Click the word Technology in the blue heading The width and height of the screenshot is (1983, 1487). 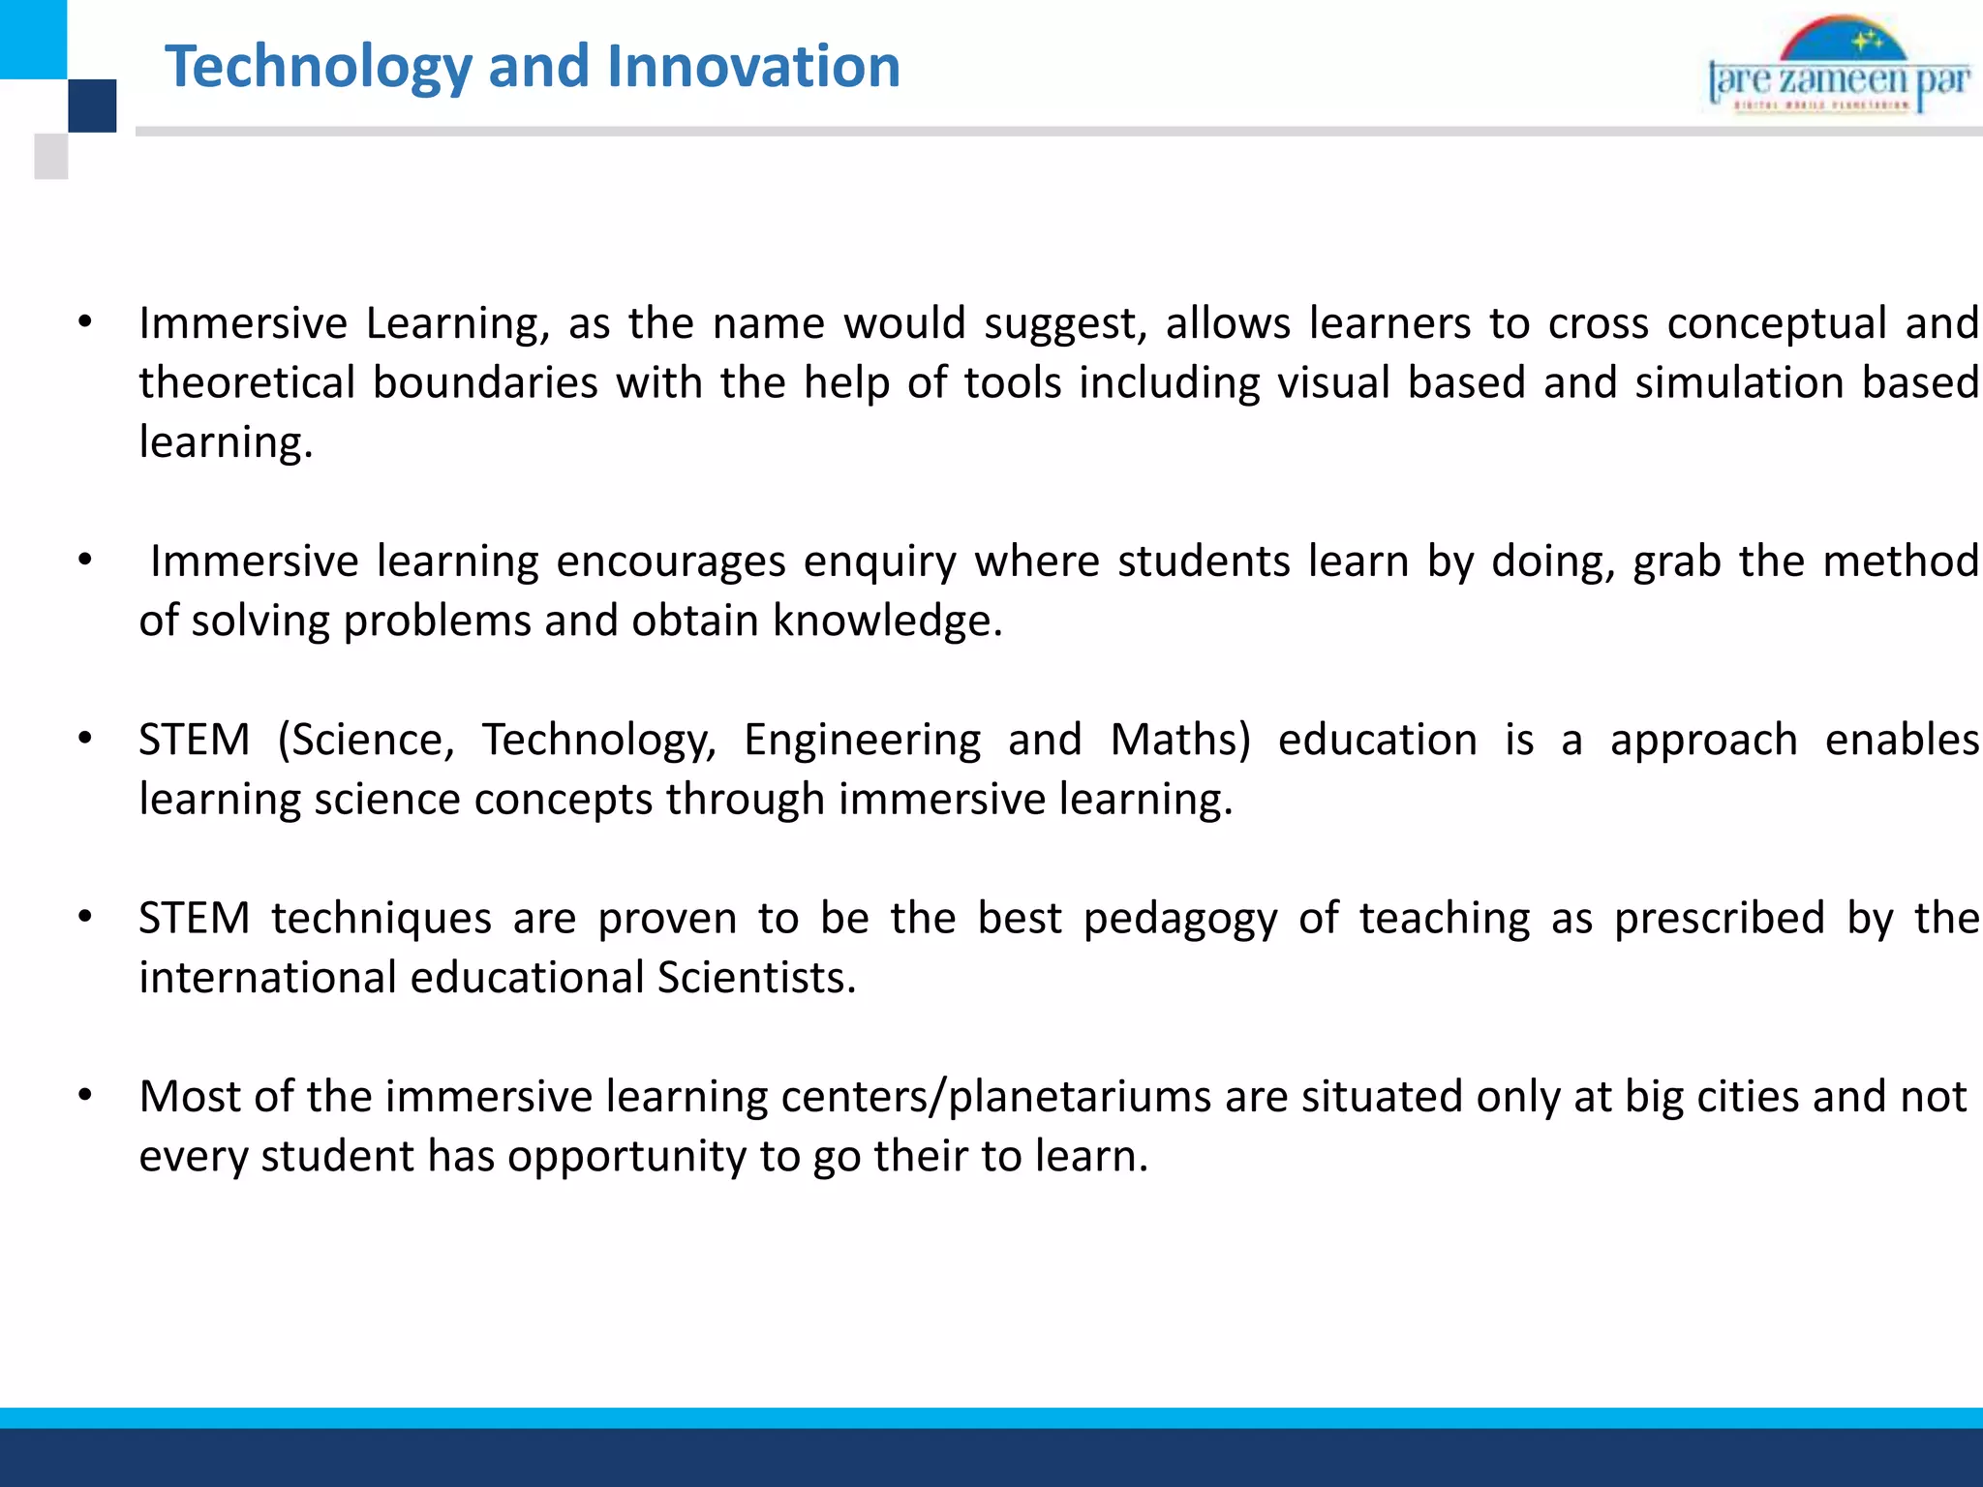tap(319, 68)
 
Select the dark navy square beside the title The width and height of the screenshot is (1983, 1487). tap(93, 106)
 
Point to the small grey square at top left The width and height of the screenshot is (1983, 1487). tap(51, 156)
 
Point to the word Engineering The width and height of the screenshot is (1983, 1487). tap(862, 740)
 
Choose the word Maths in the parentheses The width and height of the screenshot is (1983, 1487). tap(1174, 740)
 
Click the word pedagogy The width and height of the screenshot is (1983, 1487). tap(1180, 919)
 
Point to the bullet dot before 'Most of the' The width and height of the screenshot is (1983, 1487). tap(85, 1095)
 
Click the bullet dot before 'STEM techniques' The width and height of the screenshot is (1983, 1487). tap(85, 917)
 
